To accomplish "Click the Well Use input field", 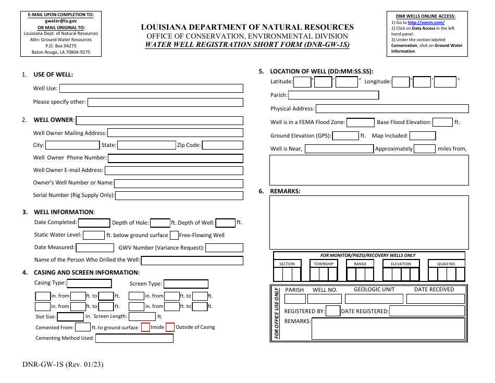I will point(151,89).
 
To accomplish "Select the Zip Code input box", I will point(222,145).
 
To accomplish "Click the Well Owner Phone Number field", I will point(175,158).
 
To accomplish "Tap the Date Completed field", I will point(94,223).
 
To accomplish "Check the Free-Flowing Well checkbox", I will point(175,236).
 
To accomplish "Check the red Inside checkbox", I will point(145,328).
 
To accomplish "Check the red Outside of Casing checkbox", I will point(170,328).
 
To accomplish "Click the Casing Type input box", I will point(90,283).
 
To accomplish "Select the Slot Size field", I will point(70,317).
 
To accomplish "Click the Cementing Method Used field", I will point(134,338).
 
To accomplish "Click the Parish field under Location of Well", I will point(333,95).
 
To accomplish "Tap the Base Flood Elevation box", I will point(442,122).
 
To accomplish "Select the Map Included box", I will point(423,136).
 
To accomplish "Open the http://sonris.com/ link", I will point(426,23).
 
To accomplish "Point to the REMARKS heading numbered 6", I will point(285,191).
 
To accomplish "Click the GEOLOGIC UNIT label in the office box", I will point(374,290).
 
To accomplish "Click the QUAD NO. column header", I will point(446,264).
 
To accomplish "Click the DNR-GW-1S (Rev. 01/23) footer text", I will point(63,365).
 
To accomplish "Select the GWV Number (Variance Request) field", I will point(224,248).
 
